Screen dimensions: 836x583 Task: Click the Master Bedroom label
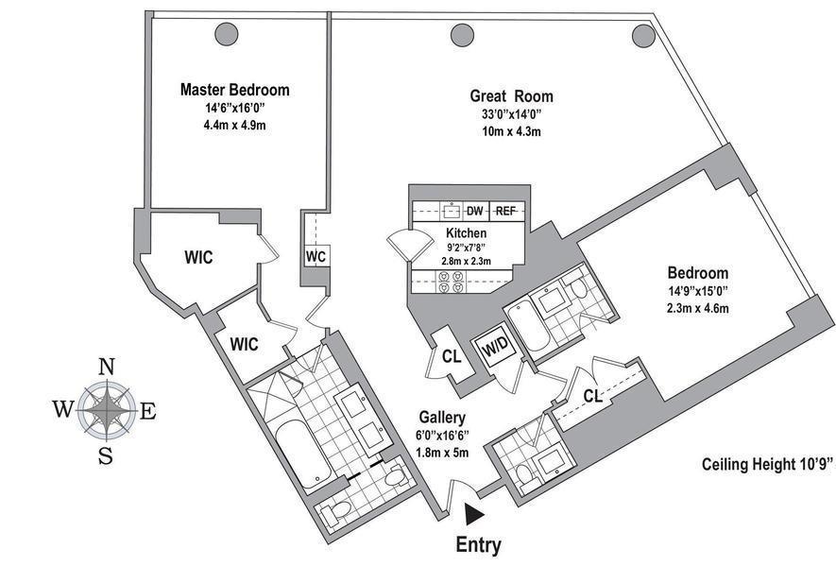click(x=234, y=89)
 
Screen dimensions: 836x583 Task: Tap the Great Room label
click(x=511, y=96)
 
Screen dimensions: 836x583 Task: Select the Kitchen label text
click(x=466, y=233)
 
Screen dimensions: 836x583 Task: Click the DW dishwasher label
click(x=474, y=211)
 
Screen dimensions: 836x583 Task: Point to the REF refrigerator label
click(x=505, y=211)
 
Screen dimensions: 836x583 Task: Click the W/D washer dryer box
click(x=496, y=349)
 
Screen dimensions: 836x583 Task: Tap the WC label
click(x=316, y=257)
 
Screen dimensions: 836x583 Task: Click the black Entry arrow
click(x=474, y=514)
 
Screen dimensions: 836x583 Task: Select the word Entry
click(x=478, y=545)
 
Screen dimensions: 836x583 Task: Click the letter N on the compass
click(x=107, y=367)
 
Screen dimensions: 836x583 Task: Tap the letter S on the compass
click(x=106, y=455)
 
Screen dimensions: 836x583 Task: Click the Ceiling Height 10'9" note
click(x=767, y=464)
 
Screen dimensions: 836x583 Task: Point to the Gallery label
click(x=441, y=418)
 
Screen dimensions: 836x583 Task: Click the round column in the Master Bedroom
click(x=226, y=34)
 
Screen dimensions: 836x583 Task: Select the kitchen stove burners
click(x=451, y=282)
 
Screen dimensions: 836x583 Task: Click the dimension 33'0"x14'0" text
click(x=511, y=114)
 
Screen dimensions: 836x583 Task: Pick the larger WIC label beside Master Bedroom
click(x=198, y=258)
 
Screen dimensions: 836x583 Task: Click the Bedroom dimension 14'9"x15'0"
click(x=697, y=291)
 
